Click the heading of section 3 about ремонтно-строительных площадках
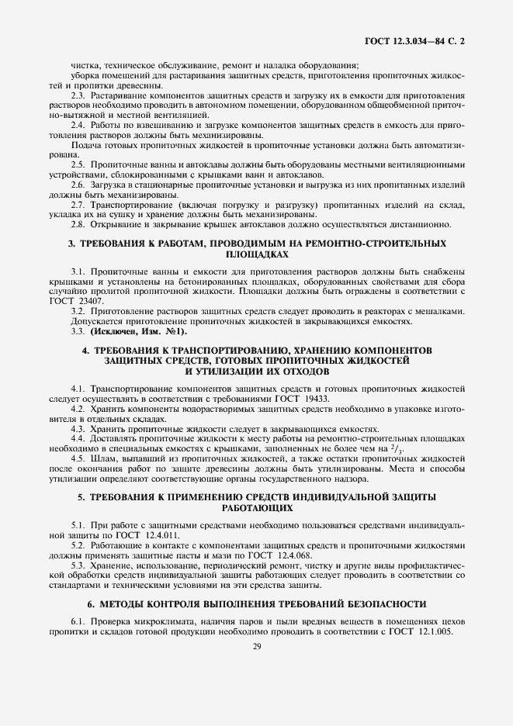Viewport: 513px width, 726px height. point(257,248)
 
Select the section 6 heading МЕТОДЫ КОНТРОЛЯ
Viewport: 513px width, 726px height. point(257,603)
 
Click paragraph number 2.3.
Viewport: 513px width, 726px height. point(78,94)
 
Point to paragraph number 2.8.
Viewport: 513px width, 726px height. point(78,225)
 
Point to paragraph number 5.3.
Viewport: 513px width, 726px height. point(78,565)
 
